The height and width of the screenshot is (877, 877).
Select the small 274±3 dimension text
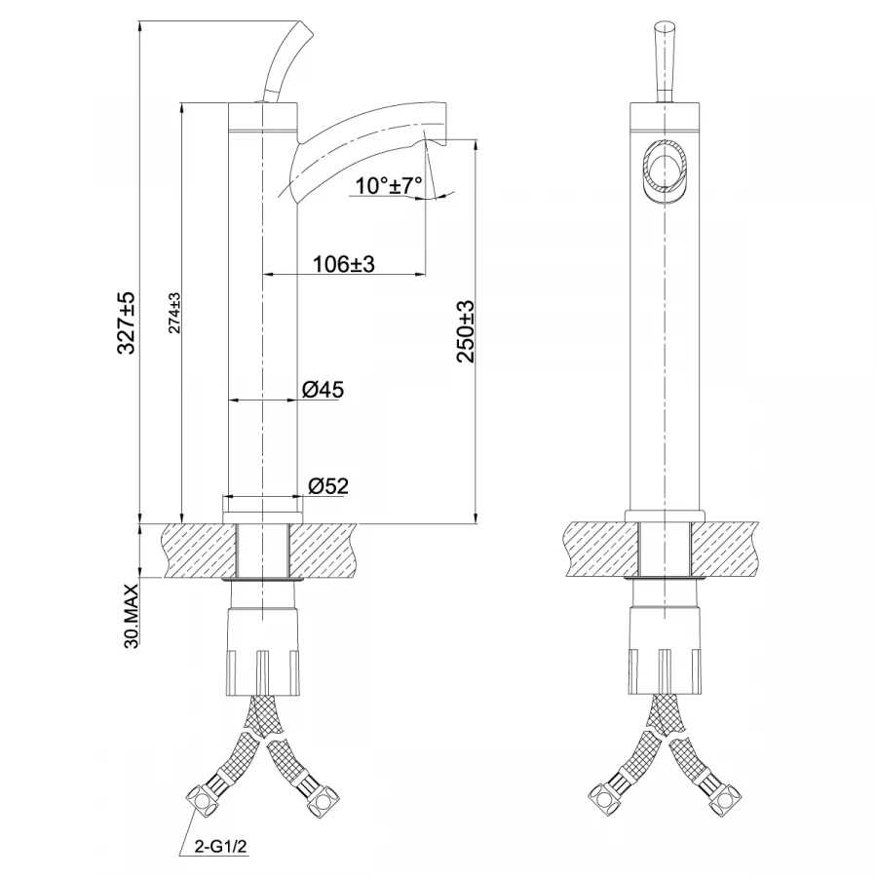point(172,313)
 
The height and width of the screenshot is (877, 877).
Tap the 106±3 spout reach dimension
point(344,264)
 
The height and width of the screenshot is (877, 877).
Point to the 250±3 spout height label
point(465,331)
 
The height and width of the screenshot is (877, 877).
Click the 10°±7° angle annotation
point(389,184)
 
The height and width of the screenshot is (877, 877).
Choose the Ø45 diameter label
point(323,390)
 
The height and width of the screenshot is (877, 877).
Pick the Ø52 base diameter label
point(328,484)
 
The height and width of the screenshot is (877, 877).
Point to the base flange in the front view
point(665,515)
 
